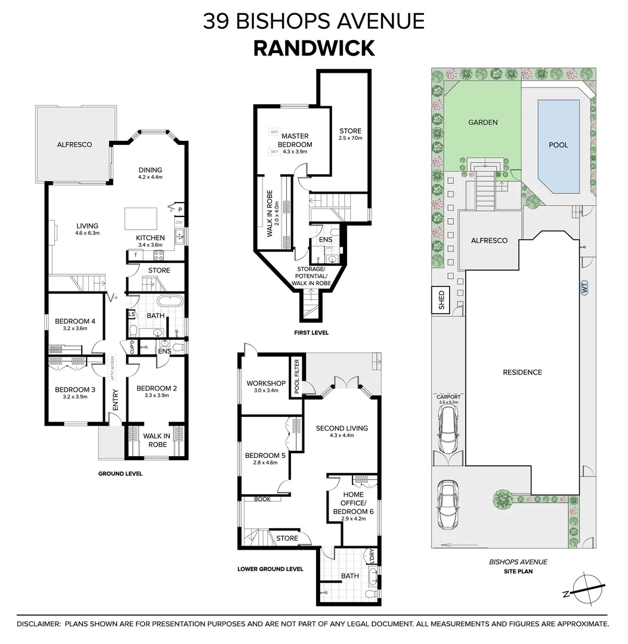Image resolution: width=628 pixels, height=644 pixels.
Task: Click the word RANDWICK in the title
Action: (x=314, y=47)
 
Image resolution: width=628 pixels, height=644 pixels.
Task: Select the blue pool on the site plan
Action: (x=558, y=145)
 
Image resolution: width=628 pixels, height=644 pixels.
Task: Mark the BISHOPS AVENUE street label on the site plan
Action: (x=518, y=562)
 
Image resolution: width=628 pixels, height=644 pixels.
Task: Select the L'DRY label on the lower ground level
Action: (x=372, y=560)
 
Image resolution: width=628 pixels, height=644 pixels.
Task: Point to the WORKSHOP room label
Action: (x=266, y=383)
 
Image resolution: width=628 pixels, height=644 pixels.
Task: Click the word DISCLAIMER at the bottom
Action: (x=38, y=624)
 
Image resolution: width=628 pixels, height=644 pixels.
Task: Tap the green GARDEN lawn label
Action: (x=482, y=122)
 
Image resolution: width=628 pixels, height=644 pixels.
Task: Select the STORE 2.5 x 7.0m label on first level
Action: (x=350, y=134)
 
